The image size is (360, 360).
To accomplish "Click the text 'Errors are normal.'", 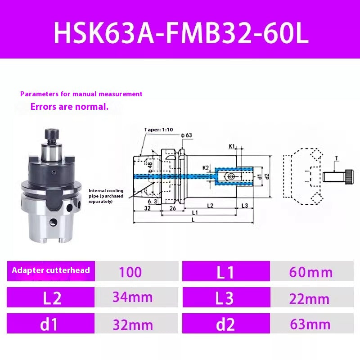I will point(69,107).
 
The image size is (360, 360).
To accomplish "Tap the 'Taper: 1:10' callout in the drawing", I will point(158,130).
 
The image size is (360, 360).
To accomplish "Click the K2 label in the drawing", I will point(206,167).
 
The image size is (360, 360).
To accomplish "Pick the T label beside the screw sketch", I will point(336,158).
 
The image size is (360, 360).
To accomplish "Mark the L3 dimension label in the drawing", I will point(245,205).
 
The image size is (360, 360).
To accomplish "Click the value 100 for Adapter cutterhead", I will point(130,272).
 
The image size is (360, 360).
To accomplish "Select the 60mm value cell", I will point(311,272).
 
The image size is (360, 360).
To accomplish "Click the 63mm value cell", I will point(311,324).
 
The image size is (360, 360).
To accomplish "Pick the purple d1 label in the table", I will point(50,324).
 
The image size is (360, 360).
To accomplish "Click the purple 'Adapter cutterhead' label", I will point(51,270).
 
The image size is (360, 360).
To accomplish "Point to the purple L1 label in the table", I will point(226,272).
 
